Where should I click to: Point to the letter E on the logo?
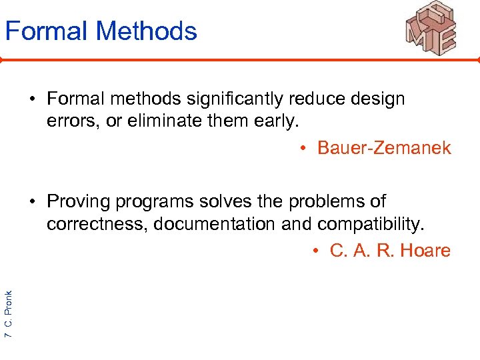point(445,39)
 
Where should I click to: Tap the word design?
point(378,99)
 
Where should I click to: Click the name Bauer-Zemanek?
point(384,147)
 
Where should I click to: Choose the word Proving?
point(78,201)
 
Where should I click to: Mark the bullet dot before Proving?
point(32,202)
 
